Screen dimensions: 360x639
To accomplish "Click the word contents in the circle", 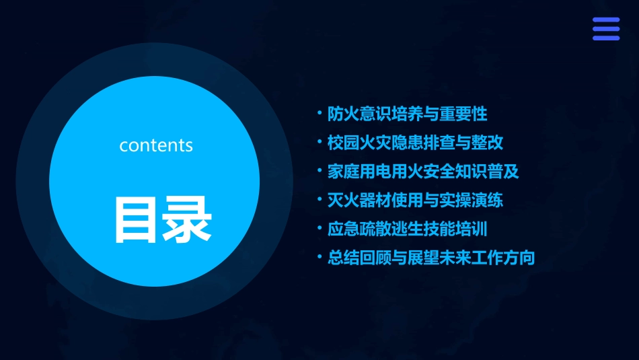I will pos(156,145).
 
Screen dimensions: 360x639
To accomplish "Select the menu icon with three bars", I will pos(606,29).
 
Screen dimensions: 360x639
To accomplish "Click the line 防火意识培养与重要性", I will pos(407,114).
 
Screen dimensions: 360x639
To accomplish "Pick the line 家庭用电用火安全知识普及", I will pos(423,171).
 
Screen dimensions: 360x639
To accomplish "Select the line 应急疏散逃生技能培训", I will pos(407,229).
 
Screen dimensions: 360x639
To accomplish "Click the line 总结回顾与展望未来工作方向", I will pos(431,257).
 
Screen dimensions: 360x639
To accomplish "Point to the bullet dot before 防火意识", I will pos(320,112).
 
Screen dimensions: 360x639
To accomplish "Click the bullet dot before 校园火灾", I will pos(320,141).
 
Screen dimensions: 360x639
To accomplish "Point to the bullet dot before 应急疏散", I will pos(320,227).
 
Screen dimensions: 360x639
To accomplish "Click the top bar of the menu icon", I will pos(606,20).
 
